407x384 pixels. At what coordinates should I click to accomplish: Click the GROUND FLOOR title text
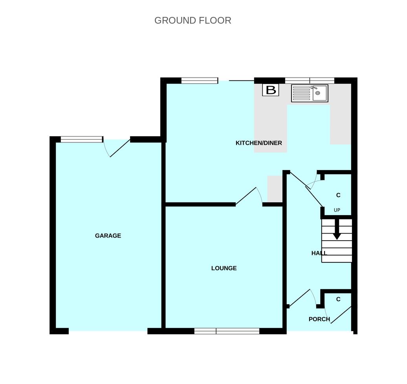(192, 20)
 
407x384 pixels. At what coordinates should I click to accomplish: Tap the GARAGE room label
(108, 236)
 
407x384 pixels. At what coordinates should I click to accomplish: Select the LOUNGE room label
(224, 268)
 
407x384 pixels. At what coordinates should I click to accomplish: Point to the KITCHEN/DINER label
(258, 143)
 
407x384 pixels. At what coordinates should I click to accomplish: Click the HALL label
(319, 253)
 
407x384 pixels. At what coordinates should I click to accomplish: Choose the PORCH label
(319, 319)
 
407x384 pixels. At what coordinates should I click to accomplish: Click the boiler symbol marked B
(271, 90)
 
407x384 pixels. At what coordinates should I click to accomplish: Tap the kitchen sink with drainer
(310, 93)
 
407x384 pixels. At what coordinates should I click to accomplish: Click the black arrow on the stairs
(337, 229)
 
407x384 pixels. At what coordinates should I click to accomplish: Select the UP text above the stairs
(337, 210)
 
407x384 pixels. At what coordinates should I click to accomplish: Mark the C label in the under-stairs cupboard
(338, 195)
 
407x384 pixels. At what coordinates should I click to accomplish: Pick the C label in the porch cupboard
(338, 299)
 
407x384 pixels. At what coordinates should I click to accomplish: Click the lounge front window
(227, 331)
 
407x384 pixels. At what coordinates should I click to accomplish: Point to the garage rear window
(81, 139)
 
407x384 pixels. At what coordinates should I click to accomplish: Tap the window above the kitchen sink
(310, 80)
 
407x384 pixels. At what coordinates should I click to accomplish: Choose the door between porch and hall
(301, 299)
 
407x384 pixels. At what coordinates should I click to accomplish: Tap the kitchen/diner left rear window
(200, 80)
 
